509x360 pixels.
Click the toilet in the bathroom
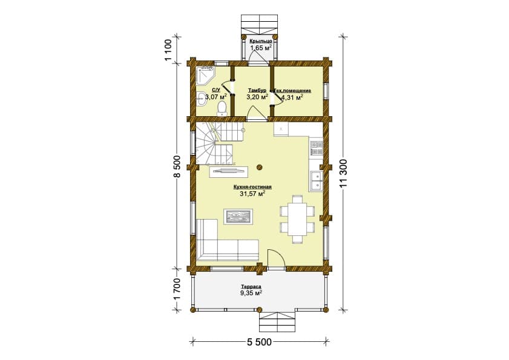(x=222, y=108)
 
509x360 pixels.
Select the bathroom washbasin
(x=202, y=98)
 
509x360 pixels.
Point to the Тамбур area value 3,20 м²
(x=257, y=96)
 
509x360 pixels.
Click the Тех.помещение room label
(x=292, y=91)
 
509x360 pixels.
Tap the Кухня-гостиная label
(x=252, y=187)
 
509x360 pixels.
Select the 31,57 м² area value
(x=252, y=194)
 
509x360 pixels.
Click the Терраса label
(x=251, y=287)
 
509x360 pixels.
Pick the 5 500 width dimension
(x=260, y=342)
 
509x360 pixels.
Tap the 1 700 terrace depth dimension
(x=177, y=289)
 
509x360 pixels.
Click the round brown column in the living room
(x=259, y=168)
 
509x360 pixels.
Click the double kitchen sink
(x=315, y=180)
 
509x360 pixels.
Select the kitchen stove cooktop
(x=316, y=148)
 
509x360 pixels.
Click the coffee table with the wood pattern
(x=238, y=217)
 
